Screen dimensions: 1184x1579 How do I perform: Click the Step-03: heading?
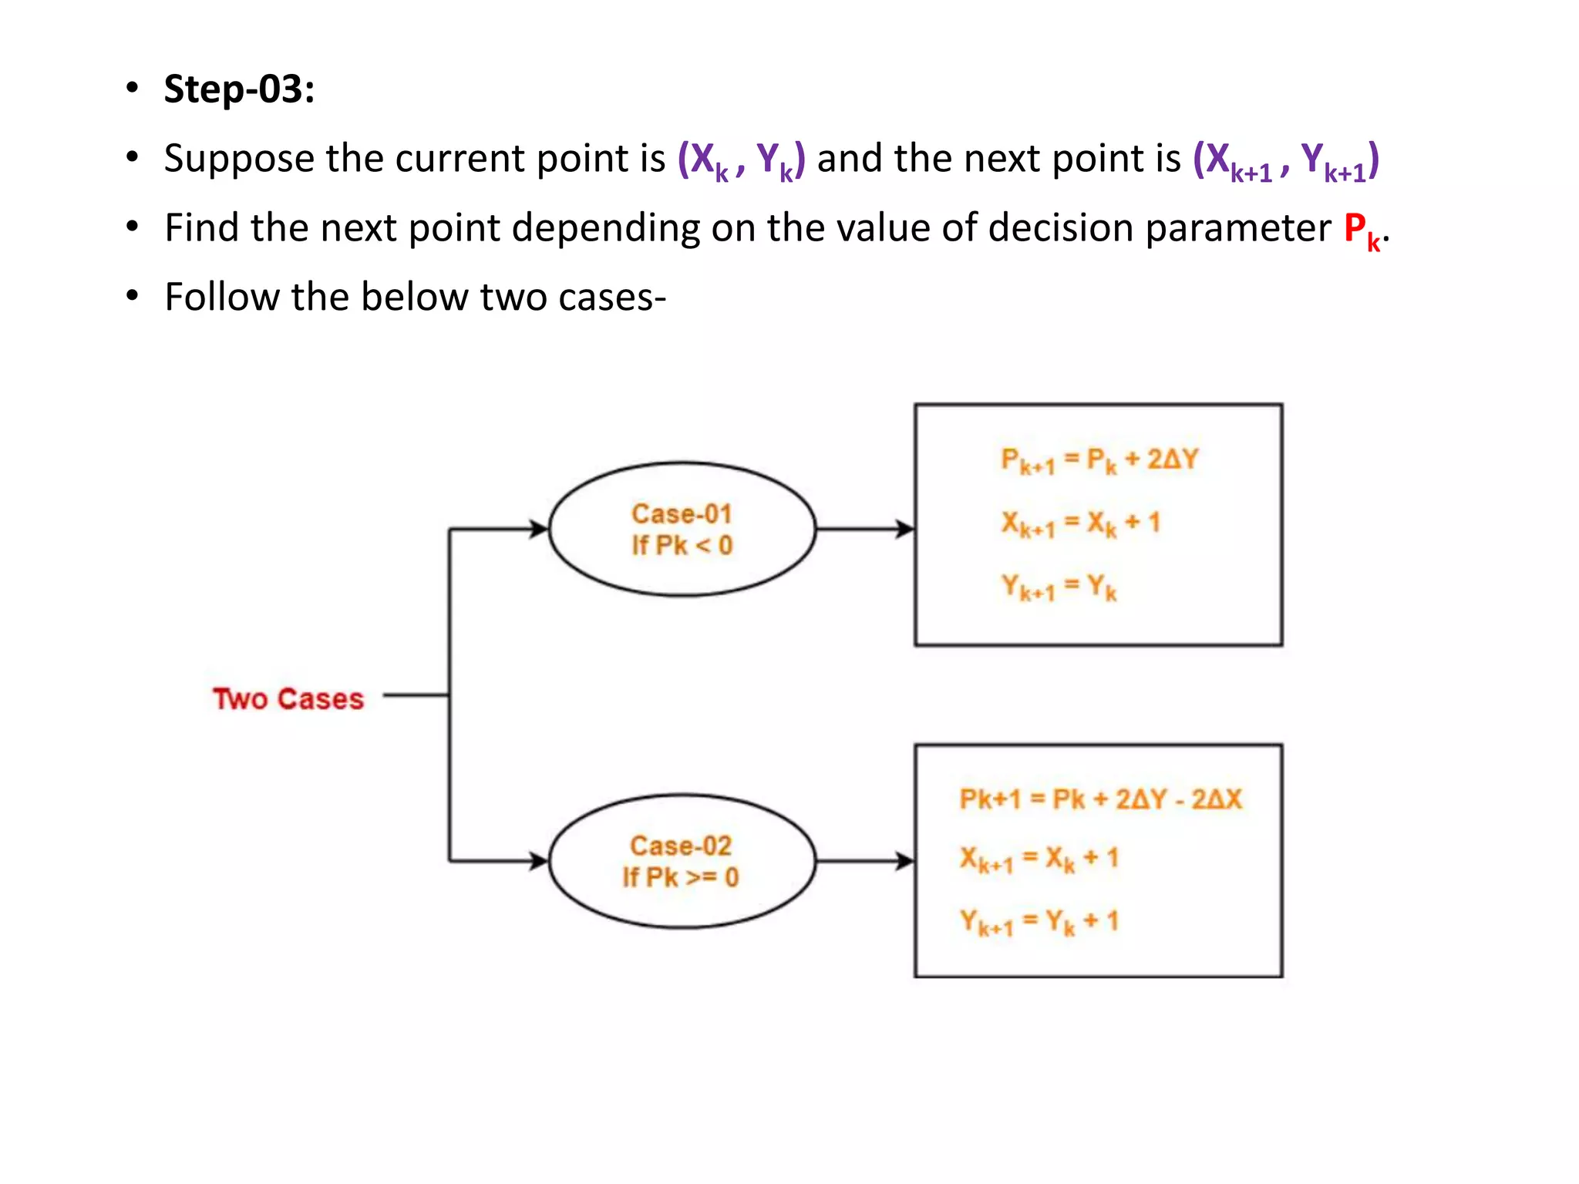[239, 89]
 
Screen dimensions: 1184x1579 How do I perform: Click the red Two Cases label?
[288, 699]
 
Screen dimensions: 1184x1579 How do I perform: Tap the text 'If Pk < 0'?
[682, 546]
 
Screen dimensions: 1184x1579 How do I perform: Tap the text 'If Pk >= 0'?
[681, 877]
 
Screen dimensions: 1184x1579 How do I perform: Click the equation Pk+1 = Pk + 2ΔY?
[1099, 461]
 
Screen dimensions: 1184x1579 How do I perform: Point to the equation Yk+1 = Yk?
[1059, 587]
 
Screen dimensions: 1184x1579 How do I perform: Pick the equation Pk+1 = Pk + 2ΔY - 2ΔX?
[1100, 799]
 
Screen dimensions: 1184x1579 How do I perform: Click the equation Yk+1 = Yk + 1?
[1039, 922]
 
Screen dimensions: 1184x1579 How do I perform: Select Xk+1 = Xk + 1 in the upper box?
[1080, 524]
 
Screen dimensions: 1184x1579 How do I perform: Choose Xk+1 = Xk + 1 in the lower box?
[1039, 859]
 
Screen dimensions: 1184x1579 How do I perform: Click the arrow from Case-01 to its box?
[864, 530]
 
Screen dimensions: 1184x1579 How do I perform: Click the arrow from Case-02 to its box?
[864, 861]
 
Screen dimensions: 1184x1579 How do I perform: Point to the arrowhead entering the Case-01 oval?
[538, 530]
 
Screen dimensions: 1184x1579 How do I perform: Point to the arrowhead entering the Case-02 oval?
[538, 861]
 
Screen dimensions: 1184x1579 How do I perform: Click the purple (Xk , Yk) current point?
[741, 160]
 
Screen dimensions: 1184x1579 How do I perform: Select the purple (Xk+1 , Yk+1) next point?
[1285, 160]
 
